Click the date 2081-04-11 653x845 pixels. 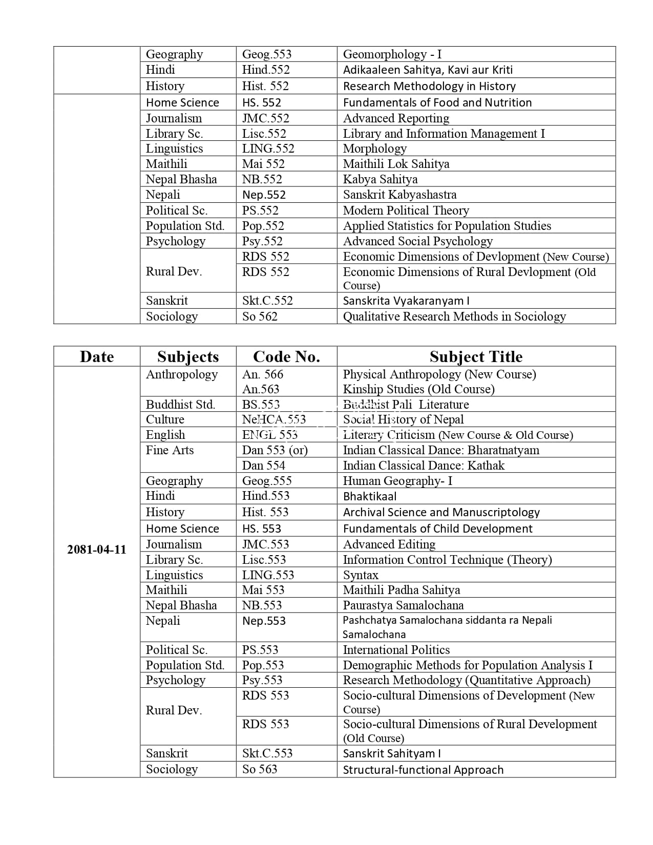click(96, 550)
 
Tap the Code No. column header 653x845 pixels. click(286, 356)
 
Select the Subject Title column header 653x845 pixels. click(476, 356)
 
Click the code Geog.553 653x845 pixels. click(266, 54)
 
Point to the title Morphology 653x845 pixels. click(374, 149)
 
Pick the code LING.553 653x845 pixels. click(268, 575)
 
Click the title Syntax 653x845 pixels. click(361, 575)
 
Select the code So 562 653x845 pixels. click(260, 316)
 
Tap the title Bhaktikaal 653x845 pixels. click(369, 496)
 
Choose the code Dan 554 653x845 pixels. click(263, 466)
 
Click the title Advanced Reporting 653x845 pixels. click(396, 118)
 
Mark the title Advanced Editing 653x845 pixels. click(389, 544)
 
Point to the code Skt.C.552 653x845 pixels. click(267, 301)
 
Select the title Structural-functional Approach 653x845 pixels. click(423, 770)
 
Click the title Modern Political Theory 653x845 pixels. click(406, 210)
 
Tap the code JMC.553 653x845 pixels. click(265, 544)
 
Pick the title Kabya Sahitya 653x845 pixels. click(380, 179)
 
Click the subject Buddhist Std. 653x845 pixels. click(180, 404)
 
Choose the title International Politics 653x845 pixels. click(396, 650)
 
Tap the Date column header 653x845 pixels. click(97, 356)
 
